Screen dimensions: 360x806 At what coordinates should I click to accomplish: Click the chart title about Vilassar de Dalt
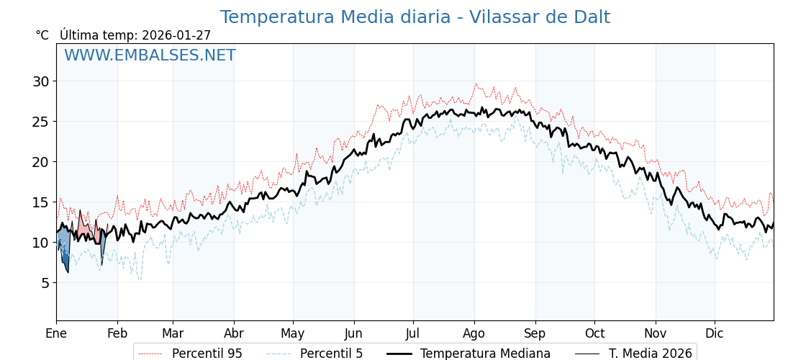[x=415, y=17]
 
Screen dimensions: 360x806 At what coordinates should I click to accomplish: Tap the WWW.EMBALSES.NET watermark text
[x=150, y=55]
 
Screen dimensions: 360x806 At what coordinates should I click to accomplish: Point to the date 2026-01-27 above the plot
[x=176, y=35]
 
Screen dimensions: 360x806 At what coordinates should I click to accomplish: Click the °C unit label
[x=42, y=35]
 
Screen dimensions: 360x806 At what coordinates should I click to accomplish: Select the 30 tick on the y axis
[x=40, y=81]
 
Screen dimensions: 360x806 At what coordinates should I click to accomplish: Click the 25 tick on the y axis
[x=40, y=122]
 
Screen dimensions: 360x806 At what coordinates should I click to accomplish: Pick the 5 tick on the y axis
[x=45, y=283]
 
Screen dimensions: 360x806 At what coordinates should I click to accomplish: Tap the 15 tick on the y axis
[x=40, y=202]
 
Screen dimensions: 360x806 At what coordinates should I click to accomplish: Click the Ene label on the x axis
[x=56, y=333]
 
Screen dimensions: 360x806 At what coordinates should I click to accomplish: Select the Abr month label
[x=234, y=333]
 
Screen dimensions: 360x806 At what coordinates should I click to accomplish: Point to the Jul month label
[x=413, y=333]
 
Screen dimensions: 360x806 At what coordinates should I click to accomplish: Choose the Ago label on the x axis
[x=474, y=333]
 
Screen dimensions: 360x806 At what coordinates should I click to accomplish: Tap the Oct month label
[x=594, y=333]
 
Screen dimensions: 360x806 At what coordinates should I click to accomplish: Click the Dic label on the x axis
[x=715, y=333]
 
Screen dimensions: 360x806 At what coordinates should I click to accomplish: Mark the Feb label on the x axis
[x=117, y=333]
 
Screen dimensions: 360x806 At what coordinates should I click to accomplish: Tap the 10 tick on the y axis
[x=40, y=243]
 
